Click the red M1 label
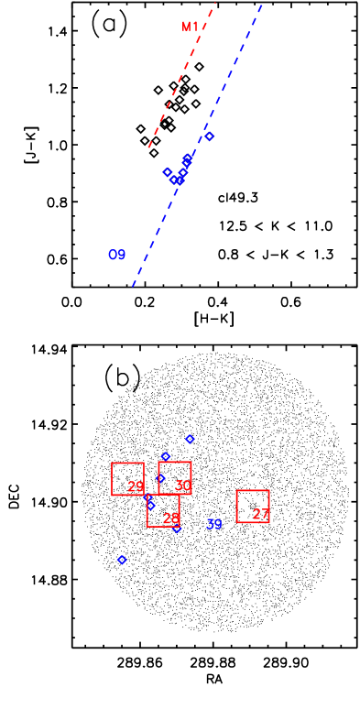point(190,27)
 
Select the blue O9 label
point(116,255)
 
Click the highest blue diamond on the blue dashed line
point(209,136)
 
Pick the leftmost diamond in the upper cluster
point(168,172)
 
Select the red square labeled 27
point(253,507)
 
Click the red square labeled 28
point(163,510)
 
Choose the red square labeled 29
point(127,479)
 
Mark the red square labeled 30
point(175,478)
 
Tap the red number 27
point(261,514)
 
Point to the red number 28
point(171,518)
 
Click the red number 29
point(136,486)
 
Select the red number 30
point(183,485)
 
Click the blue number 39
point(213,524)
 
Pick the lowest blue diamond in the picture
point(122,560)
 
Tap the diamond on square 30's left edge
point(160,478)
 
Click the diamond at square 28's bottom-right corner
point(177,528)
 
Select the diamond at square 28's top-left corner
point(150,506)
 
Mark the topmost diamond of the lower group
point(190,439)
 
